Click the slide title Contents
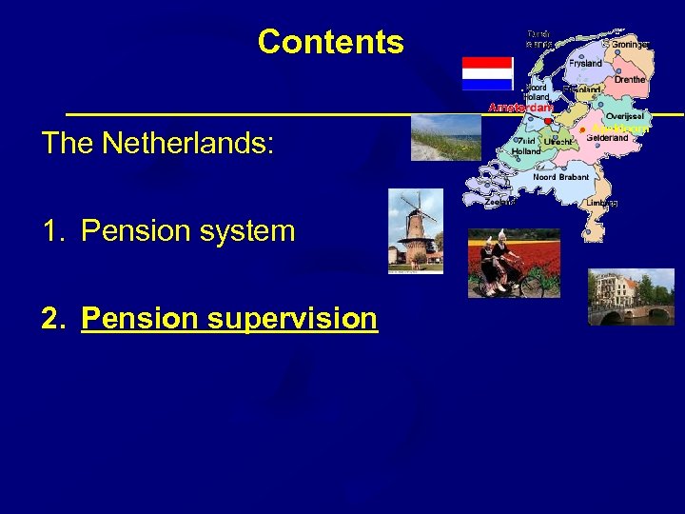coord(330,42)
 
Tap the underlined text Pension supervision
coord(229,318)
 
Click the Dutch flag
coord(487,73)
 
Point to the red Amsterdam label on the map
coord(520,108)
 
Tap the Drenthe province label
coord(629,80)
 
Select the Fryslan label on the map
coord(586,63)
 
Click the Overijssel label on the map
coord(624,116)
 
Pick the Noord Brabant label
coord(560,177)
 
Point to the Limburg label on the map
coord(601,203)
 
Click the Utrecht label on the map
coord(558,142)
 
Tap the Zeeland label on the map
coord(500,202)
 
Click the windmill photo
coord(416,231)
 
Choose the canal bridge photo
coord(631,298)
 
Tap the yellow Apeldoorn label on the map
coord(619,128)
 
